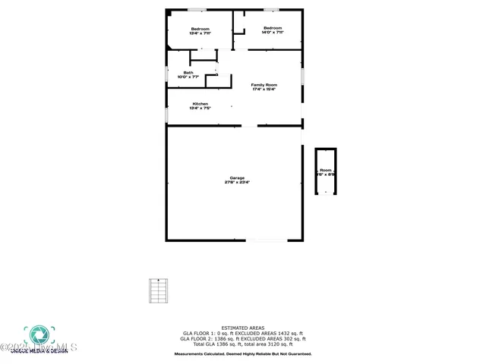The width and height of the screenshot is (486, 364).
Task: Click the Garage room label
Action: pos(237,178)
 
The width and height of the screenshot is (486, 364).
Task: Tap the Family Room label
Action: pos(264,84)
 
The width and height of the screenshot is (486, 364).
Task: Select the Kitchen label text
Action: pos(200,104)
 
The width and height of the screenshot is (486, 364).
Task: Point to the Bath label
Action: pos(188,73)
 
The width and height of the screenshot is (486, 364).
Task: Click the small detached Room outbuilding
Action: pos(326,171)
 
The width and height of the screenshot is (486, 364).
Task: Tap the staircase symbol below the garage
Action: pos(157,291)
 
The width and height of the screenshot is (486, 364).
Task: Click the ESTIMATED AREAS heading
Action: pos(243,328)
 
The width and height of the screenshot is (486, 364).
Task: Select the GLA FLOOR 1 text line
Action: pos(243,334)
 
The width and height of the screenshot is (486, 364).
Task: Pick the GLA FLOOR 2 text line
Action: pos(243,339)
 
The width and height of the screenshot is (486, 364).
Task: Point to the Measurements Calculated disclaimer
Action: pos(243,354)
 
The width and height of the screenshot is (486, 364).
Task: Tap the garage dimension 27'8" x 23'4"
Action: pos(237,183)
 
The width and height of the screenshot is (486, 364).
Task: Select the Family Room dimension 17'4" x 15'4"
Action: pos(264,89)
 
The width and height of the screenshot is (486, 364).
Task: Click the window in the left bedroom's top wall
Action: pos(197,10)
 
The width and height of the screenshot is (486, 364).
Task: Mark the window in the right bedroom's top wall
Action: pos(271,10)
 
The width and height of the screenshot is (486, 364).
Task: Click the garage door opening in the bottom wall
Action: pos(266,240)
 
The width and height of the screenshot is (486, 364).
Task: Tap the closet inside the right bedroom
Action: pos(238,22)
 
